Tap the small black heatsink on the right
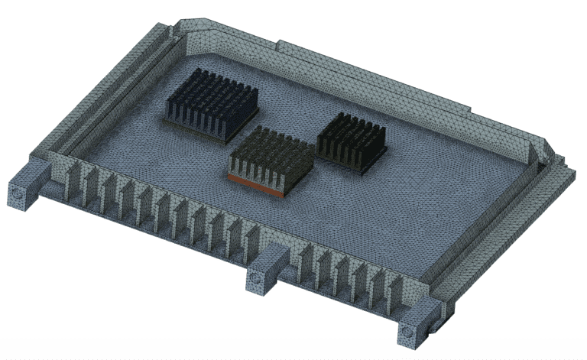(351, 141)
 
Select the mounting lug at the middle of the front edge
(264, 273)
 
